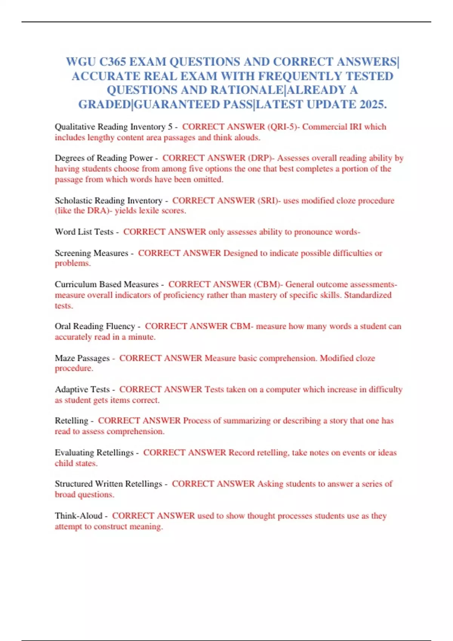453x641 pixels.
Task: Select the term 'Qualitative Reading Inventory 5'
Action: [x=113, y=127]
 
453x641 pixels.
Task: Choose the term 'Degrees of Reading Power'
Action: [x=103, y=158]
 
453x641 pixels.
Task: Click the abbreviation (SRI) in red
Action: [x=269, y=201]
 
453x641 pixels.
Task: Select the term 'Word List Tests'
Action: [x=84, y=232]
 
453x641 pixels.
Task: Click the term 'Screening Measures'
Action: [x=91, y=253]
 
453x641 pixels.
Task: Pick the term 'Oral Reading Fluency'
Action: [x=95, y=326]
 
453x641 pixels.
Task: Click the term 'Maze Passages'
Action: [x=82, y=358]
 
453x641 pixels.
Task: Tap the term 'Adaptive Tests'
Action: [x=82, y=390]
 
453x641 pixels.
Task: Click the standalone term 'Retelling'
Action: [x=71, y=421]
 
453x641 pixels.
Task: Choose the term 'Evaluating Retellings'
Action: [x=94, y=452]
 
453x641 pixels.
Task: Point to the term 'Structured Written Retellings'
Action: [x=108, y=484]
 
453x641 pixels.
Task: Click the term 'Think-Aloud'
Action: [x=79, y=516]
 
